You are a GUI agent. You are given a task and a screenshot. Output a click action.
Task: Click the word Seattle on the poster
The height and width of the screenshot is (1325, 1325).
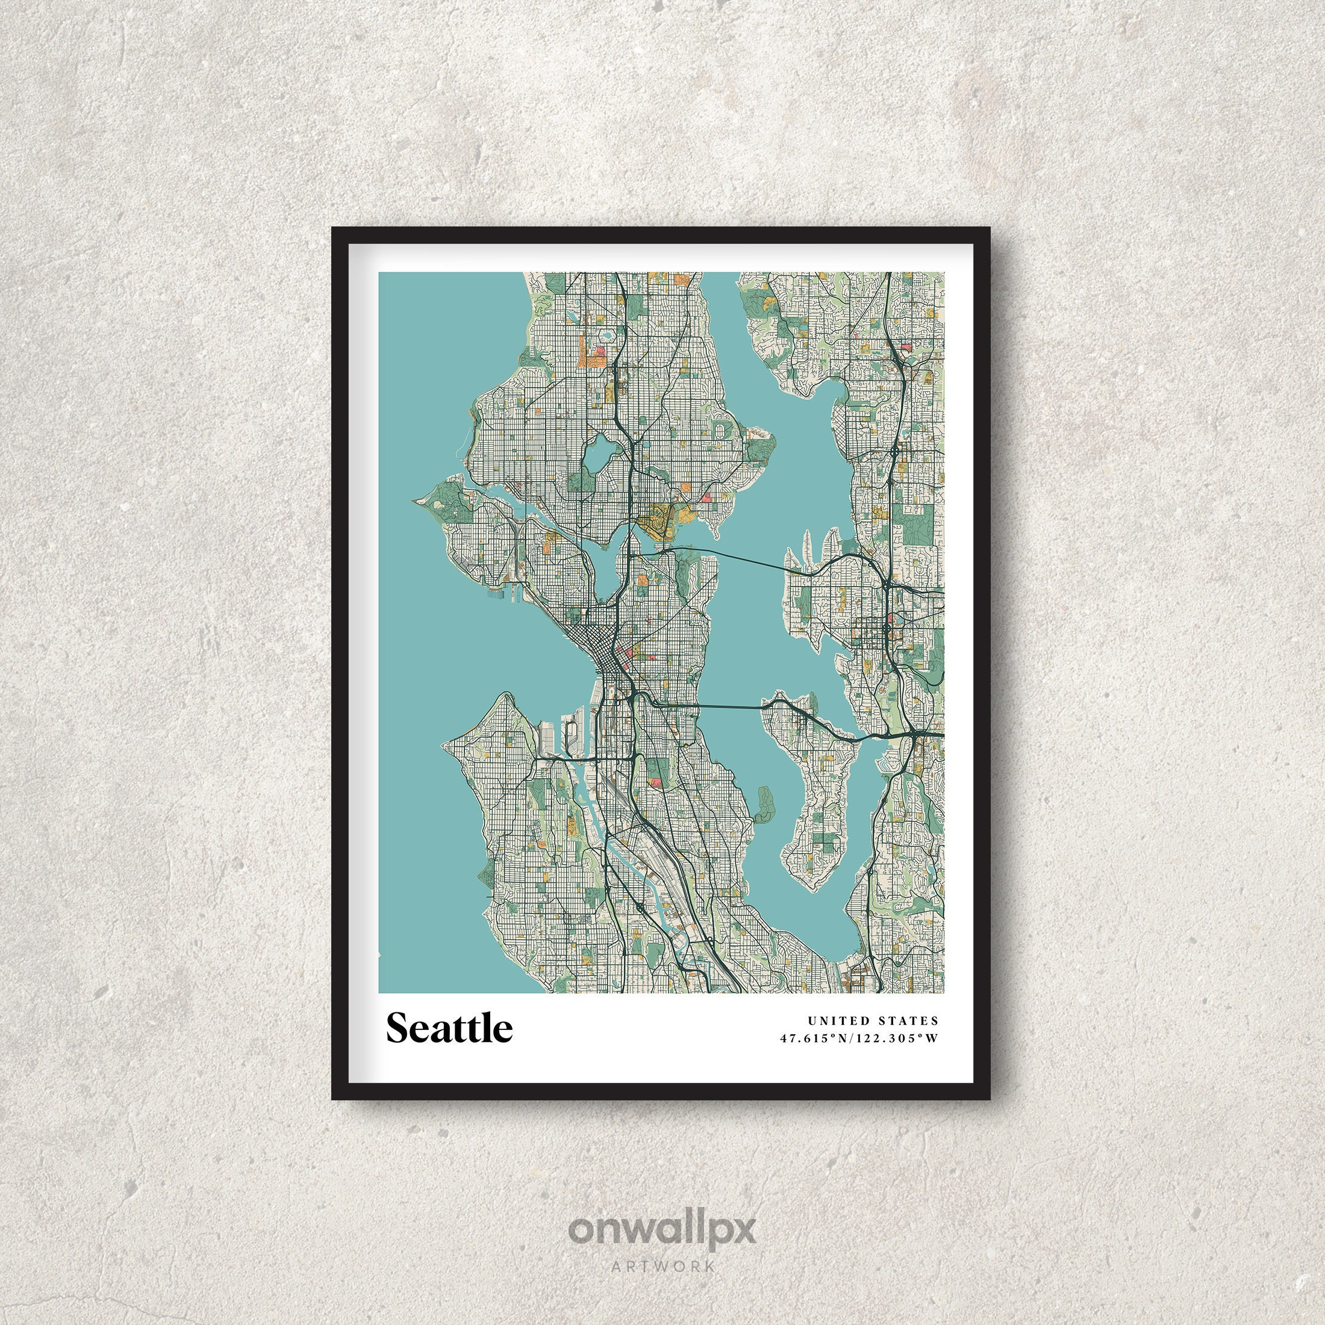[449, 1027]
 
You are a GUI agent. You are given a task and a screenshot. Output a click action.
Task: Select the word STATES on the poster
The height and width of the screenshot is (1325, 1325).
[909, 1021]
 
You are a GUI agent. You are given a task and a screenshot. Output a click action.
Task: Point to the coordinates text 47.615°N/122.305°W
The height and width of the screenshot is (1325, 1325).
[859, 1038]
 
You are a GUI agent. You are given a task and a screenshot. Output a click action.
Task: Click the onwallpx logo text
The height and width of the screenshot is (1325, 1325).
[662, 1230]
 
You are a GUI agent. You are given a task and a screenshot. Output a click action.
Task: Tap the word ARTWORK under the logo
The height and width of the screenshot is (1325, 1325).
[662, 1266]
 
